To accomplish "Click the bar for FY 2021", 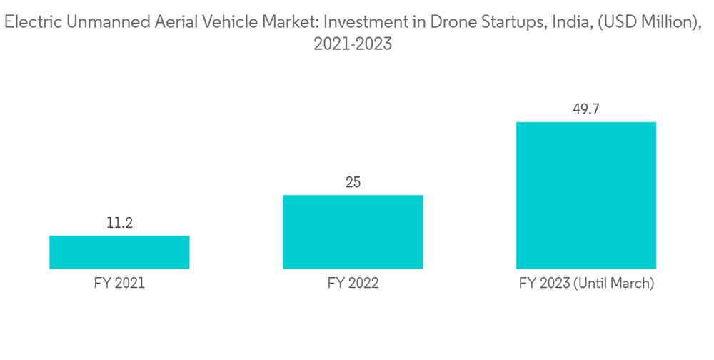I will (119, 252).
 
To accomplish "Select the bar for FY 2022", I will (353, 231).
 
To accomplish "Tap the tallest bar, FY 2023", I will (586, 195).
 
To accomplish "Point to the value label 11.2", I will (119, 224).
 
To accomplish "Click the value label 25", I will (353, 183).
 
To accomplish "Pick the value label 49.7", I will (586, 109).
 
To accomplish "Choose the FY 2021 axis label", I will (119, 284).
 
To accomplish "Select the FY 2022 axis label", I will (353, 284).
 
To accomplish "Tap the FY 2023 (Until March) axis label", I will (586, 284).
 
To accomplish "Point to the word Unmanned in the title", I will (99, 23).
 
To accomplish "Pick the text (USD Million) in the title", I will (642, 23).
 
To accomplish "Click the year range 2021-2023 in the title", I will (353, 44).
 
